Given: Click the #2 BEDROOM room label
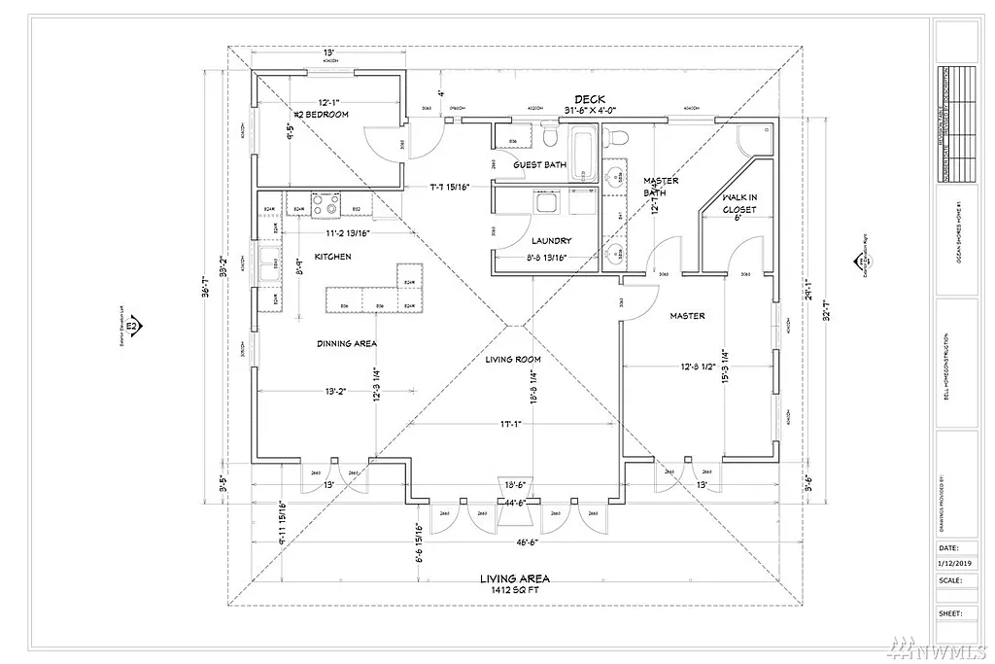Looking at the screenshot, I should pyautogui.click(x=321, y=115).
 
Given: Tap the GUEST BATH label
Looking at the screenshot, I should pyautogui.click(x=539, y=165).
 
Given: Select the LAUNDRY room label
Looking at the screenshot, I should pyautogui.click(x=551, y=240).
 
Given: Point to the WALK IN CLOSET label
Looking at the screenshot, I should pyautogui.click(x=738, y=203).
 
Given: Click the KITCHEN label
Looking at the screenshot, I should pyautogui.click(x=332, y=257).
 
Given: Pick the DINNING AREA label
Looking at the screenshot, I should pyautogui.click(x=346, y=343).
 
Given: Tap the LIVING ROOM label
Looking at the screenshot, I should pyautogui.click(x=513, y=360).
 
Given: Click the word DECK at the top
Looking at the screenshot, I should pyautogui.click(x=589, y=99).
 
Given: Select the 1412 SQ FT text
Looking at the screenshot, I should pyautogui.click(x=514, y=589).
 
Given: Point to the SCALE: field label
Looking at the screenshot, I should pyautogui.click(x=950, y=579).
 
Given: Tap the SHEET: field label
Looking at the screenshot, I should pyautogui.click(x=950, y=613).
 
